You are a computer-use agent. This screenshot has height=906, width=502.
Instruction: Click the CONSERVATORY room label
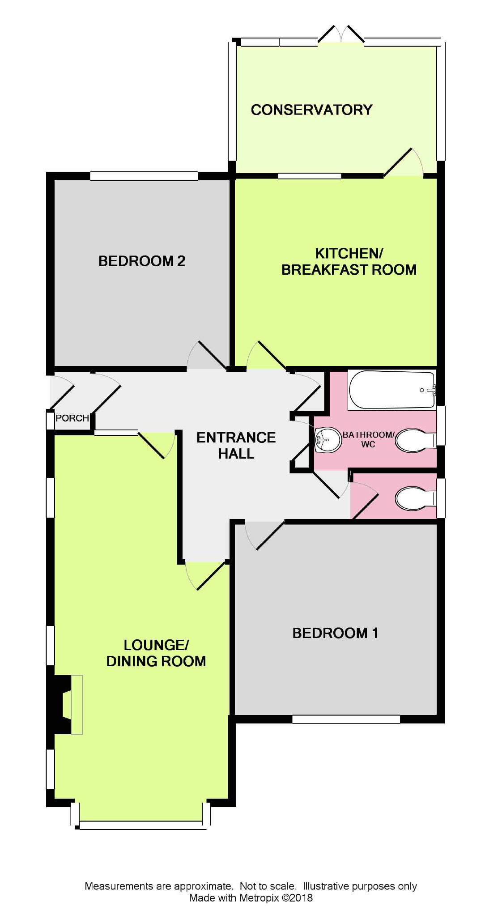[x=311, y=110]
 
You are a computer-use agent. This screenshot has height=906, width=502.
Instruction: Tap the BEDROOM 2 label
[x=142, y=261]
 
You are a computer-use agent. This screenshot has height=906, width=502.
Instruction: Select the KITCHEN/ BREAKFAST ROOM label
[x=349, y=261]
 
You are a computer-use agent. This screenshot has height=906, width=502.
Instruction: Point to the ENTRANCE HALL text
[x=236, y=445]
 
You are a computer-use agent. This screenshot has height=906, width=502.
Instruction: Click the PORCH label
[x=72, y=418]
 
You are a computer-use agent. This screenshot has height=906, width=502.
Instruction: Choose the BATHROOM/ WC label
[x=368, y=439]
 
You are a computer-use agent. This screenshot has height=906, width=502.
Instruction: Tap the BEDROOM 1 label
[x=335, y=633]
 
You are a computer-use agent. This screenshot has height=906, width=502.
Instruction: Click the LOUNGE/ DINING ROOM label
[x=156, y=653]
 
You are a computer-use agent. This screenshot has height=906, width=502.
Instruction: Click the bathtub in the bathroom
[x=392, y=390]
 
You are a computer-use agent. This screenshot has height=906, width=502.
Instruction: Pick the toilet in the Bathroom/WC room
[x=416, y=440]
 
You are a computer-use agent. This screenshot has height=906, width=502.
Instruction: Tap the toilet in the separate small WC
[x=416, y=498]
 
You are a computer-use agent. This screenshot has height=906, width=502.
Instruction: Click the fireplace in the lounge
[x=65, y=705]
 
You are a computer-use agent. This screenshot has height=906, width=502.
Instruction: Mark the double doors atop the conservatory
[x=341, y=35]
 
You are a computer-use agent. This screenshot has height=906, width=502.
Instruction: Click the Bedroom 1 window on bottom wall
[x=346, y=719]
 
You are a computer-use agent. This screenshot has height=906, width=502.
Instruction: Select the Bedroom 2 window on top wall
[x=144, y=176]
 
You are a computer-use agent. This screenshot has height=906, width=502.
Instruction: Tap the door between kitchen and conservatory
[x=403, y=162]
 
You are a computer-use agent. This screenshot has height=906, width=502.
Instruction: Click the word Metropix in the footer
[x=259, y=897]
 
